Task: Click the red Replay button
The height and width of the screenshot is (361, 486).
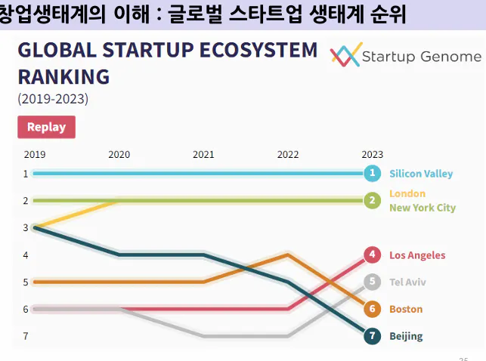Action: [46, 127]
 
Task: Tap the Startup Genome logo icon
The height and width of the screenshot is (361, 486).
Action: [345, 56]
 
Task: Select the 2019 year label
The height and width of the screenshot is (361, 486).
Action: [35, 154]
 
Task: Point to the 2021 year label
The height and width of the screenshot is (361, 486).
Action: [203, 154]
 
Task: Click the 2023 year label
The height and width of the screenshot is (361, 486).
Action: [372, 154]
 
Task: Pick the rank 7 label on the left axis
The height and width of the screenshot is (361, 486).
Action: [26, 336]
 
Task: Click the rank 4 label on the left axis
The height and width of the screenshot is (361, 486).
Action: [26, 255]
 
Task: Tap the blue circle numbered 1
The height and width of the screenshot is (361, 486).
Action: [371, 174]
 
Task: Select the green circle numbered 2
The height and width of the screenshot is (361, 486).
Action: [371, 201]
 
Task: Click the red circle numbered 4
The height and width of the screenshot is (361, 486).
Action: [371, 255]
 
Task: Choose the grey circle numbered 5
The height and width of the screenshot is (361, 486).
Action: [371, 282]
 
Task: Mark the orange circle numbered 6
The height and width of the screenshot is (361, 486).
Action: [371, 309]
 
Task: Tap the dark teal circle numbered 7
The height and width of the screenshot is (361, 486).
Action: [371, 336]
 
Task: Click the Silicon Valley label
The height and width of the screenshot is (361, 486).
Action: [421, 174]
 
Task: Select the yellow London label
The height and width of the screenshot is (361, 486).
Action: [407, 194]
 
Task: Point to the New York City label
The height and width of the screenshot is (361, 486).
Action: [423, 208]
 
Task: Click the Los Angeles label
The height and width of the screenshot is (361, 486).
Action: [417, 255]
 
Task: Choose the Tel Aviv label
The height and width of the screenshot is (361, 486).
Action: [407, 282]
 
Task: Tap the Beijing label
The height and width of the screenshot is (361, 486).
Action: [406, 336]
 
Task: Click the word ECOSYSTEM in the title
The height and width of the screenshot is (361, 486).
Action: [259, 51]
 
